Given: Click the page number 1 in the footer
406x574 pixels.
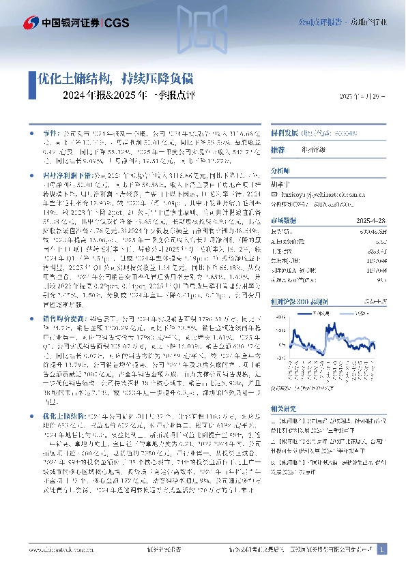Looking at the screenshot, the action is (382, 549).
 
